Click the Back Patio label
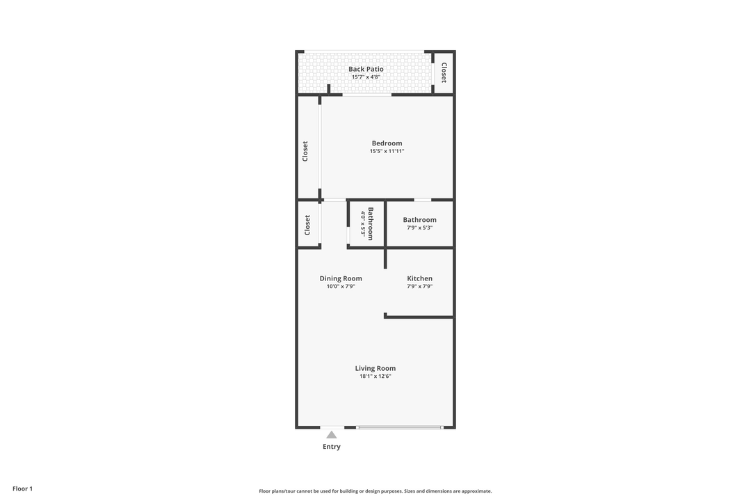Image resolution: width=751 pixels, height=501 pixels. pyautogui.click(x=366, y=69)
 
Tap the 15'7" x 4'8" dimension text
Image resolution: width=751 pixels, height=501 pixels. pyautogui.click(x=366, y=77)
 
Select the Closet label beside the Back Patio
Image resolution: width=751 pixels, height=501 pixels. pyautogui.click(x=444, y=72)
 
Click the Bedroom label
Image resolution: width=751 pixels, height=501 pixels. pyautogui.click(x=387, y=143)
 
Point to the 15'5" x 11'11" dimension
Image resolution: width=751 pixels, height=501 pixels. pyautogui.click(x=387, y=151)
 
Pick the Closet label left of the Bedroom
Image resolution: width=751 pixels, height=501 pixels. pyautogui.click(x=305, y=151)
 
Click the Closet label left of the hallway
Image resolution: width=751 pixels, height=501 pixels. pyautogui.click(x=307, y=224)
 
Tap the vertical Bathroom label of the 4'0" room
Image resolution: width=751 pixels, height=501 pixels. pyautogui.click(x=371, y=224)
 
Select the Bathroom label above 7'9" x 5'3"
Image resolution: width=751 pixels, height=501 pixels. pyautogui.click(x=419, y=220)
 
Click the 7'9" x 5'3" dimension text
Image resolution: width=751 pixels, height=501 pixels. pyautogui.click(x=419, y=228)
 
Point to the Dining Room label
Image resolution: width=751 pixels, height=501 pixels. pyautogui.click(x=341, y=278)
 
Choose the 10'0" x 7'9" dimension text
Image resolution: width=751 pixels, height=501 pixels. pyautogui.click(x=341, y=286)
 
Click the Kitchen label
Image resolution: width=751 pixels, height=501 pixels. pyautogui.click(x=419, y=278)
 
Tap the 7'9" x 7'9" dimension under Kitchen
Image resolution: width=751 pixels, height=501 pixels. pyautogui.click(x=419, y=286)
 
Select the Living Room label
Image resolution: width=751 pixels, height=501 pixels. pyautogui.click(x=375, y=368)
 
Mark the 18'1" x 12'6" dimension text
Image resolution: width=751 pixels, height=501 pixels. pyautogui.click(x=375, y=376)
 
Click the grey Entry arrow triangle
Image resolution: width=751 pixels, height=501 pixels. pyautogui.click(x=332, y=435)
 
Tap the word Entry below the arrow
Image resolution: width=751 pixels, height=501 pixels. pyautogui.click(x=332, y=447)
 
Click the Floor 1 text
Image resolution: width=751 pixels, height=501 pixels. pyautogui.click(x=22, y=488)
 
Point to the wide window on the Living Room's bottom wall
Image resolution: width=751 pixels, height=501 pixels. pyautogui.click(x=399, y=427)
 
